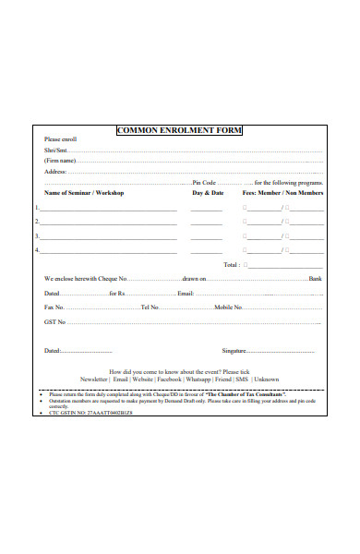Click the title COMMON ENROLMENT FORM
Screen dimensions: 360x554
(x=179, y=130)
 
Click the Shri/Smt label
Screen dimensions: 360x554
(x=55, y=150)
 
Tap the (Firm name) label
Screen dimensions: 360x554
(x=60, y=160)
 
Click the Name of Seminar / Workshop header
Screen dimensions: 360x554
(x=84, y=193)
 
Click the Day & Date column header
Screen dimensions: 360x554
(x=208, y=193)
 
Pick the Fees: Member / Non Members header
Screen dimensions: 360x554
(x=282, y=193)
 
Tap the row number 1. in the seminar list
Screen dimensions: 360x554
(x=37, y=209)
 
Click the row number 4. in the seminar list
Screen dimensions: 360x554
(x=37, y=249)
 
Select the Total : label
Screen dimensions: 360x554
(x=232, y=264)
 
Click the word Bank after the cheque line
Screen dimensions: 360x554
(x=315, y=278)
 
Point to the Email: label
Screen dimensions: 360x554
(x=186, y=293)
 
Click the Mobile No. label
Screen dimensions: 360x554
(x=228, y=307)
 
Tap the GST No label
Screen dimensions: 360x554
(x=55, y=322)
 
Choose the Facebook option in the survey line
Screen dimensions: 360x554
(x=169, y=379)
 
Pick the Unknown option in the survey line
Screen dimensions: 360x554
(x=267, y=379)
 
